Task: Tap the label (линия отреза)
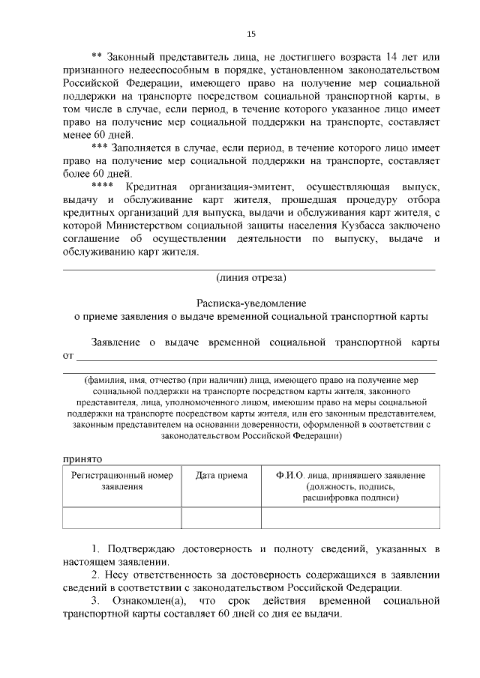(250, 277)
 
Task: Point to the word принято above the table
(79, 456)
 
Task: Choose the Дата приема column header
(217, 476)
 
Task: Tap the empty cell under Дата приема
(217, 518)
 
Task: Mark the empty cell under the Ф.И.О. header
(346, 518)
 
